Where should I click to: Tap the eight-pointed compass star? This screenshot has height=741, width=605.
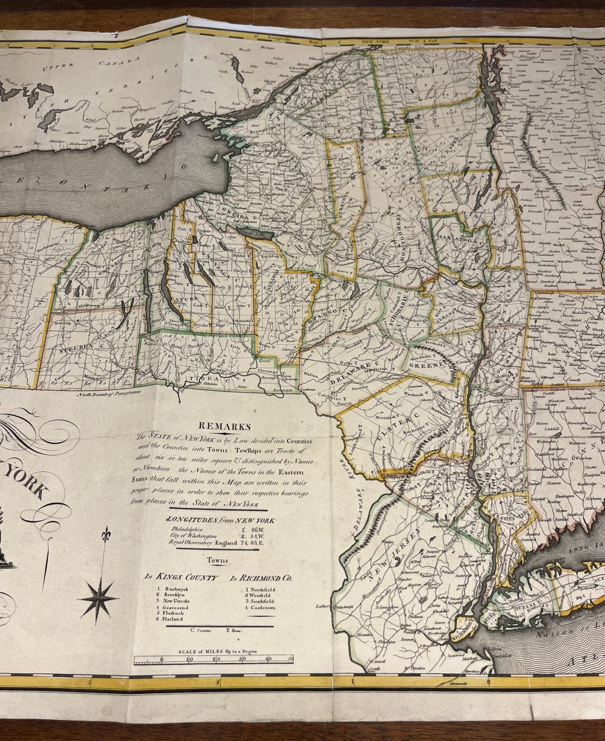tap(98, 598)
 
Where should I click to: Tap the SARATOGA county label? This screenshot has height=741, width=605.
tap(459, 240)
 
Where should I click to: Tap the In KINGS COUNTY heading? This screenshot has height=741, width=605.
tap(181, 577)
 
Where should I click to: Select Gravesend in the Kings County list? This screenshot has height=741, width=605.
tap(175, 607)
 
